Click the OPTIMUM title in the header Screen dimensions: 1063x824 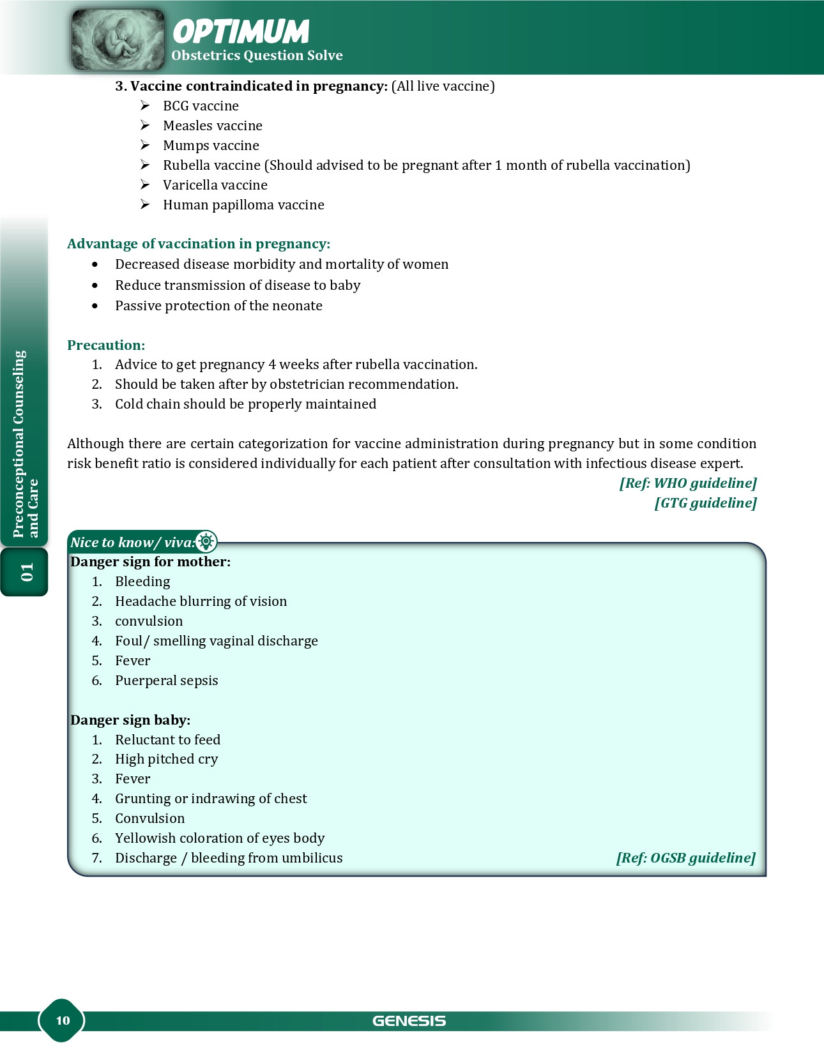(241, 31)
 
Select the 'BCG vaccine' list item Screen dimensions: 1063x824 (201, 106)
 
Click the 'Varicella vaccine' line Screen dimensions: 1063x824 (215, 185)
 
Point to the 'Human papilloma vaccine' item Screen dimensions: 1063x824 (243, 205)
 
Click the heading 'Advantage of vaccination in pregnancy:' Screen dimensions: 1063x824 (199, 244)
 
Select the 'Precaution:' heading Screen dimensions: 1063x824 (106, 345)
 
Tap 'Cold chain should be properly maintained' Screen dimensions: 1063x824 (245, 404)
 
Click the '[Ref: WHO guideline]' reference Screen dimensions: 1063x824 (687, 483)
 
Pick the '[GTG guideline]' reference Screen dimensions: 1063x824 (705, 503)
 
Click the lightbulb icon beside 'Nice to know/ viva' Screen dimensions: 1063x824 (206, 542)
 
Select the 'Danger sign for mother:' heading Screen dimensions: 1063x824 (150, 562)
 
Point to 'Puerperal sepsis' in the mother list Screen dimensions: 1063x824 (166, 681)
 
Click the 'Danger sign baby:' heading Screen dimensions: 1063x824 (130, 720)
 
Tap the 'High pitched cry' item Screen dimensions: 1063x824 (166, 759)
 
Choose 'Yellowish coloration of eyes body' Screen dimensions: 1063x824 (220, 838)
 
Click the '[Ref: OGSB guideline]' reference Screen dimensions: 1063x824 (685, 858)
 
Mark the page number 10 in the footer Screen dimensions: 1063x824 (63, 1020)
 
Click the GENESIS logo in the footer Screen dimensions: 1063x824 (409, 1021)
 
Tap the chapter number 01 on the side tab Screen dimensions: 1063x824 (26, 572)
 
